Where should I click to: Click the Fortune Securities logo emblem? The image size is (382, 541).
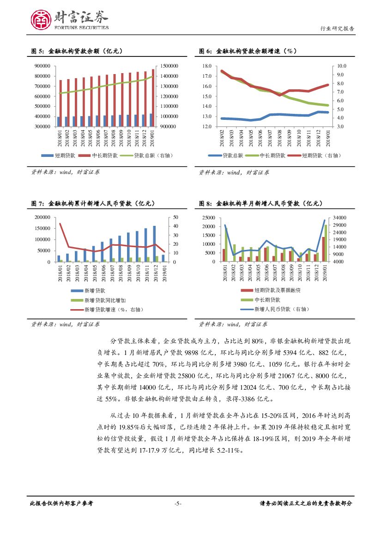41,19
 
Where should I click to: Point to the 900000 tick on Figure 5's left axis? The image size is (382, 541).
43,66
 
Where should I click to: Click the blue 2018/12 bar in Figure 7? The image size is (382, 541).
154,243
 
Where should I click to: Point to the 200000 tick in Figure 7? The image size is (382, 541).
43,217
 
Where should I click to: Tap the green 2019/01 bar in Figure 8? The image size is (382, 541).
326,243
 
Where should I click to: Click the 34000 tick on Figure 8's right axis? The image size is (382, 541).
339,217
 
